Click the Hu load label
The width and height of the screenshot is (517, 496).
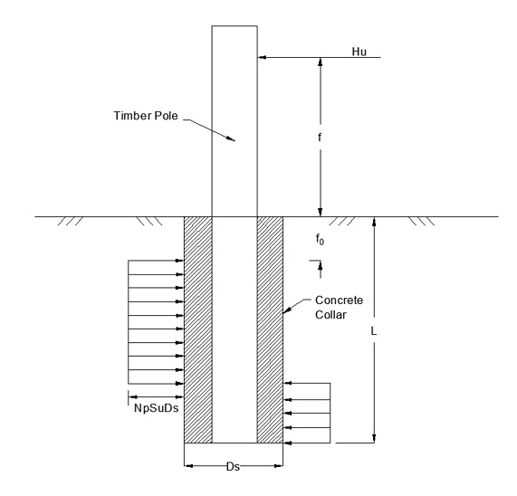tap(359, 52)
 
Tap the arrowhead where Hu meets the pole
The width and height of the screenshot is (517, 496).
tap(262, 58)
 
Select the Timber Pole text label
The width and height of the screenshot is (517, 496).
tap(146, 116)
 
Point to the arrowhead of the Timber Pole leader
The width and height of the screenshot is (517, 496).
tap(231, 138)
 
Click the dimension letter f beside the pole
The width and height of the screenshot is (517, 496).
tap(320, 137)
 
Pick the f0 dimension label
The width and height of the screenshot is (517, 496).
tap(320, 239)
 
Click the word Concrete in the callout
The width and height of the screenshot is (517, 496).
tap(339, 300)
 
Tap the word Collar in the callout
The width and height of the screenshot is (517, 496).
tap(330, 315)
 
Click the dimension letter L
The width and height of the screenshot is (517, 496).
tap(374, 331)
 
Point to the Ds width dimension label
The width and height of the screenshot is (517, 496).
tap(233, 467)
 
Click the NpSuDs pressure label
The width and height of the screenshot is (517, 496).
tap(157, 408)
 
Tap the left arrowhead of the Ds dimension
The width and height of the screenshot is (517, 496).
tap(188, 466)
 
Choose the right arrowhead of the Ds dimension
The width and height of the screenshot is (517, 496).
tap(279, 466)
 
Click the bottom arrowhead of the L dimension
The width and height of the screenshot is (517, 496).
tap(374, 438)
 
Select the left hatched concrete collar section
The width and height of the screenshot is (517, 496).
tap(197, 329)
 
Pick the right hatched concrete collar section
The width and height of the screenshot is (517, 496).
tap(270, 329)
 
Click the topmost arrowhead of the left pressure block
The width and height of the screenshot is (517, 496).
tap(179, 261)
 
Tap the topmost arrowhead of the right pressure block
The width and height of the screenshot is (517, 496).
tap(288, 383)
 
